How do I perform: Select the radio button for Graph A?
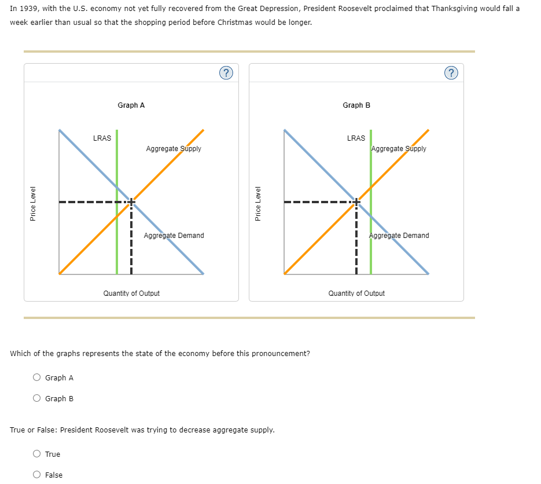[37, 377]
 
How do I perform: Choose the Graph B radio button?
[37, 398]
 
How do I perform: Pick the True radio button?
[37, 454]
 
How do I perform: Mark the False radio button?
[37, 475]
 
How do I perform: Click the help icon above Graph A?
[226, 72]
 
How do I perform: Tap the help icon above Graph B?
[451, 72]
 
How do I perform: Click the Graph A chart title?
[131, 105]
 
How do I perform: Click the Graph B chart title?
[356, 105]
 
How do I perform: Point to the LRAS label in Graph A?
[102, 138]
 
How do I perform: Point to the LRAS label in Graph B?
[356, 138]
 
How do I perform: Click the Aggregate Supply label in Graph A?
[174, 149]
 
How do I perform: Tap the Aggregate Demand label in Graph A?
[174, 236]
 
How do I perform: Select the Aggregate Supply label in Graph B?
[399, 149]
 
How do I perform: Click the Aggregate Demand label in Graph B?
[399, 236]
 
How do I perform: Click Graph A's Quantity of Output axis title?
[131, 294]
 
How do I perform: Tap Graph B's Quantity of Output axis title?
[356, 294]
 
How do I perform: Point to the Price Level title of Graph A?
[33, 203]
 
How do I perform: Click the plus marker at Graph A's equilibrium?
[131, 201]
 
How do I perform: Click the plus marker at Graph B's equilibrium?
[356, 201]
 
